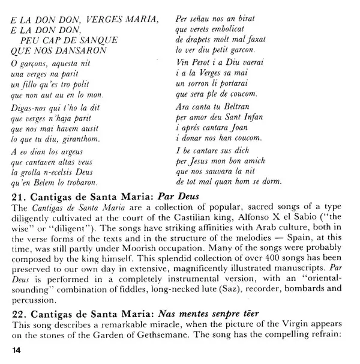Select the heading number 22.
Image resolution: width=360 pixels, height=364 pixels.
[x=19, y=313]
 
